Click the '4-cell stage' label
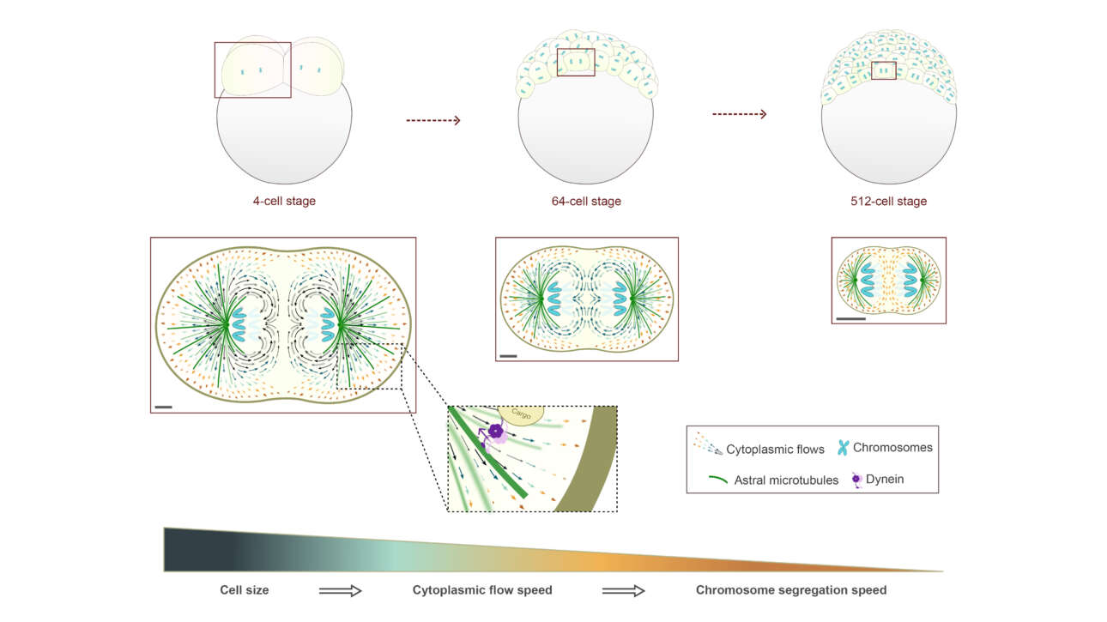point(284,201)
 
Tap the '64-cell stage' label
point(586,201)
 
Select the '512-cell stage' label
point(888,201)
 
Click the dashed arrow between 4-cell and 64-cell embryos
point(433,120)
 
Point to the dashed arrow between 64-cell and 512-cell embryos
point(740,114)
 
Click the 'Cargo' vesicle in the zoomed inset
point(521,414)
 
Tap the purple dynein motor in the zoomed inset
point(494,432)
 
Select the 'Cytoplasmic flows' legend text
point(775,449)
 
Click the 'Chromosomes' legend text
point(892,447)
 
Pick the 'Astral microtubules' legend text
point(786,480)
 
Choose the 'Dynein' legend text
point(885,479)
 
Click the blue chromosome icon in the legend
point(843,448)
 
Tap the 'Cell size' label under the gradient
point(244,590)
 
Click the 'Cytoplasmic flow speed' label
point(482,590)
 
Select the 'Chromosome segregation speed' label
point(791,590)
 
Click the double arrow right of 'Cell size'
point(341,590)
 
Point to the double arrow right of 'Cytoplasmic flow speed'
point(624,590)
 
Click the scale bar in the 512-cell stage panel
point(851,318)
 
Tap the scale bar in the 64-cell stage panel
point(509,356)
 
